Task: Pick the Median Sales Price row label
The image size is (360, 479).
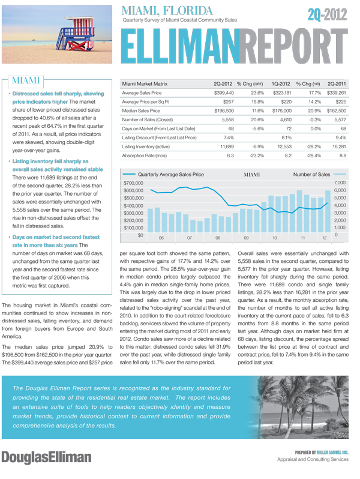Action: pyautogui.click(x=141, y=111)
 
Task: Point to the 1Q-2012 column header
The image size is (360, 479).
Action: pyautogui.click(x=282, y=83)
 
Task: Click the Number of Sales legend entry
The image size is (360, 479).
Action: pyautogui.click(x=311, y=175)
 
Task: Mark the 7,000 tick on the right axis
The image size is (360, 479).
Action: pyautogui.click(x=340, y=182)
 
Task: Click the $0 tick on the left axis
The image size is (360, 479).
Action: pyautogui.click(x=140, y=235)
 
